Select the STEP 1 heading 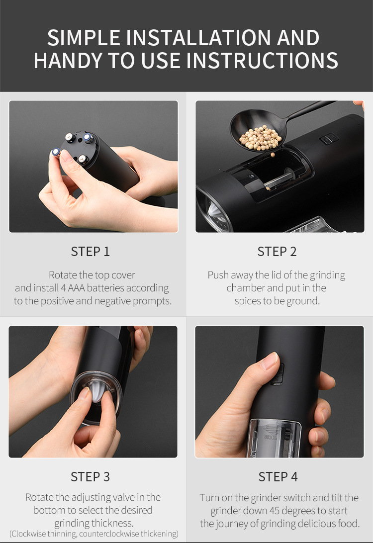90,252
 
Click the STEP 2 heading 277,252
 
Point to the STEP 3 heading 90,476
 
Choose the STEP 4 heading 278,476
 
